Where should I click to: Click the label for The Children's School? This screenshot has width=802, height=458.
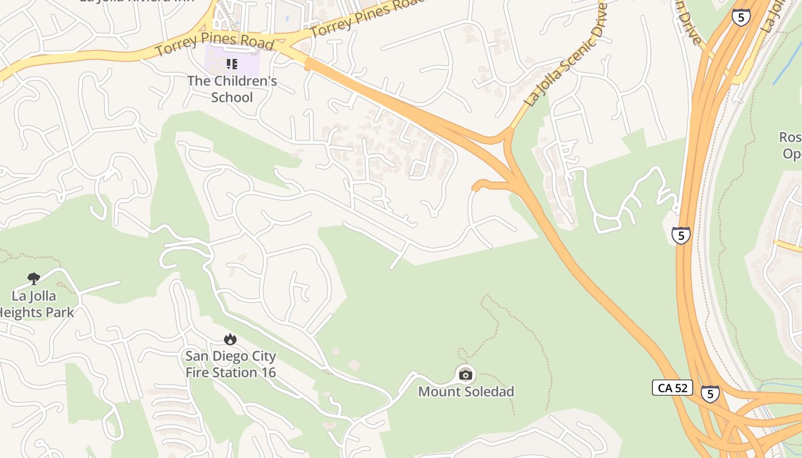pyautogui.click(x=232, y=89)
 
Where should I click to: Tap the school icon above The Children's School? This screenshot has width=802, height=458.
pyautogui.click(x=231, y=64)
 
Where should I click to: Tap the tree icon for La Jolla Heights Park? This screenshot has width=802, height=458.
pyautogui.click(x=34, y=279)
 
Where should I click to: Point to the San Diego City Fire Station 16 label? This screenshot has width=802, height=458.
pyautogui.click(x=230, y=364)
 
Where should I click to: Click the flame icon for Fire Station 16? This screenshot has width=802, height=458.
pyautogui.click(x=230, y=339)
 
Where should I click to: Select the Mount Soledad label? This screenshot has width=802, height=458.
pyautogui.click(x=466, y=392)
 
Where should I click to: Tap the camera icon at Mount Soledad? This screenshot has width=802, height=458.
pyautogui.click(x=466, y=375)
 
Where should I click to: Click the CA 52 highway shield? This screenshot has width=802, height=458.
pyautogui.click(x=673, y=388)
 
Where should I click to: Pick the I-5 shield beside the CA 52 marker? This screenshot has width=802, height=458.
pyautogui.click(x=710, y=393)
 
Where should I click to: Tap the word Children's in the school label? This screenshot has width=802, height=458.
pyautogui.click(x=245, y=81)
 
